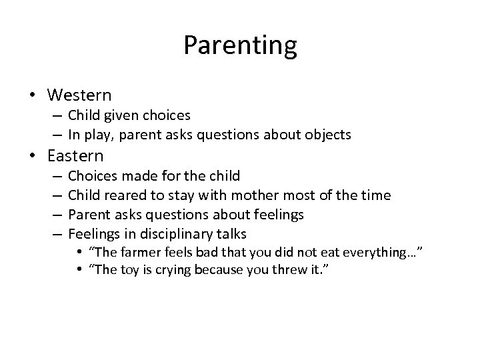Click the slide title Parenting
pos(240,46)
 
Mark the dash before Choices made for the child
pos(56,176)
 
